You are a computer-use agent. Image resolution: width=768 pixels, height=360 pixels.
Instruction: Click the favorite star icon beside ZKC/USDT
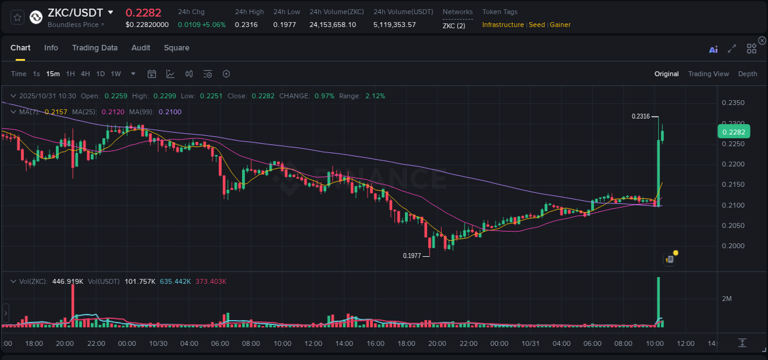coord(18,17)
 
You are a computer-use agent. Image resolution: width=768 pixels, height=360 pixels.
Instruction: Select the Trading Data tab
coord(95,48)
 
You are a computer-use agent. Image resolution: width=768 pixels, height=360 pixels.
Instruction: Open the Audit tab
coord(141,48)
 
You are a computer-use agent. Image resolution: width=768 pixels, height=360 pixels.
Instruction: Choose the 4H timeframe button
coord(85,74)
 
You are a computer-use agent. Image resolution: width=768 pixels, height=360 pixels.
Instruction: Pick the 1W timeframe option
coord(116,74)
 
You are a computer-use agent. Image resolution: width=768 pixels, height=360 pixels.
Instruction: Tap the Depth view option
coord(747,74)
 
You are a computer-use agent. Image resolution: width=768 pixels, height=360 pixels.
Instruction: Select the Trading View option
coord(708,74)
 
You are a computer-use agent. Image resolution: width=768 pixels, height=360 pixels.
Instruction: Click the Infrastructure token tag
coord(503,25)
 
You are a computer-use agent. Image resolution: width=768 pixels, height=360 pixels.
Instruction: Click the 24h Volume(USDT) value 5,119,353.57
coord(394,25)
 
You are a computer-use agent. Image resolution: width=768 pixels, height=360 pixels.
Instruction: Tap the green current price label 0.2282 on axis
coord(734,131)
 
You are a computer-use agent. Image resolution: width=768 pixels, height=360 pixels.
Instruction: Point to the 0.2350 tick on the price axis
coord(733,103)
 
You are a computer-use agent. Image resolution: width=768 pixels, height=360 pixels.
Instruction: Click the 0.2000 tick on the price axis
coord(733,246)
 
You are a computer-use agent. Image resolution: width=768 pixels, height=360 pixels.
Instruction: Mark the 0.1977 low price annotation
coord(412,256)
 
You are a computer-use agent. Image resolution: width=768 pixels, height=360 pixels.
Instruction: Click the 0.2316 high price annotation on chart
coord(641,116)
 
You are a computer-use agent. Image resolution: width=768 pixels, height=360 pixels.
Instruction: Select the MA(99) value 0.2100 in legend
coord(170,112)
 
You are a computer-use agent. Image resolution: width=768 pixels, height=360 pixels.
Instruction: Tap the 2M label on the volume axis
coord(727,299)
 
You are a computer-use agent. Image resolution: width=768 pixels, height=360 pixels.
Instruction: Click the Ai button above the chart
coord(713,49)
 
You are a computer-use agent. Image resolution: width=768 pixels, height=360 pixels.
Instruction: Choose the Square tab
coord(176,48)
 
